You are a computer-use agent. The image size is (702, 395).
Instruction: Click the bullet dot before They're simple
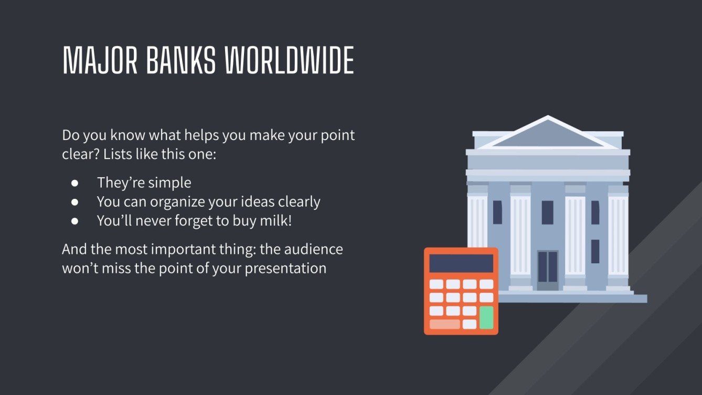75,183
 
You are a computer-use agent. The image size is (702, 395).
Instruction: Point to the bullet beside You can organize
75,202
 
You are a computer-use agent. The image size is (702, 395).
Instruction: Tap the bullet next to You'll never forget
75,221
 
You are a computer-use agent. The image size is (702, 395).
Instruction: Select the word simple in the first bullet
169,183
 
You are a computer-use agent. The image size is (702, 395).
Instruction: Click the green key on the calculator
486,317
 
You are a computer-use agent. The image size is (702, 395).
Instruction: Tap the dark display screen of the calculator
461,263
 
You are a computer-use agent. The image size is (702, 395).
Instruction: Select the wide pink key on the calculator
444,324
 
